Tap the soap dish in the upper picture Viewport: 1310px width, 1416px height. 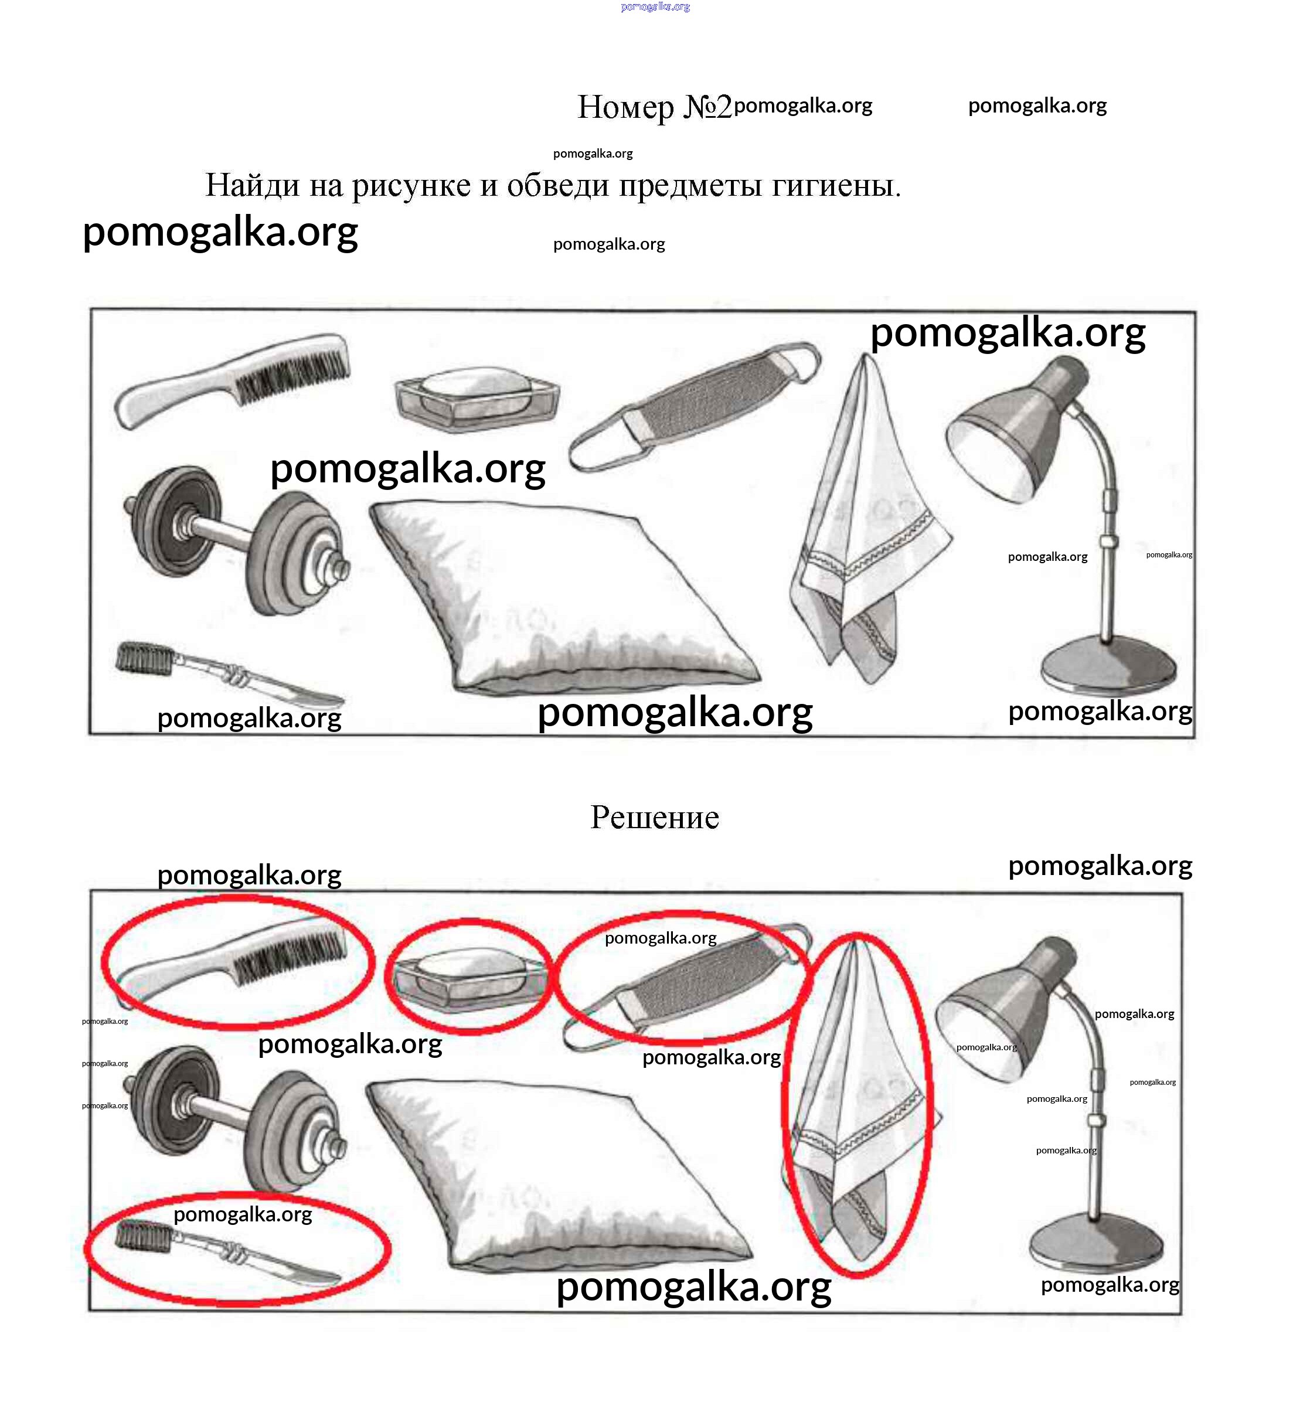477,399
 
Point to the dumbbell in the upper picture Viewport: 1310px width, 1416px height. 237,539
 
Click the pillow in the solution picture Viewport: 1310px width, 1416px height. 556,1177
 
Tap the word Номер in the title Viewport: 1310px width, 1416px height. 626,108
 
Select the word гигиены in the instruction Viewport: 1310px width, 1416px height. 836,186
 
